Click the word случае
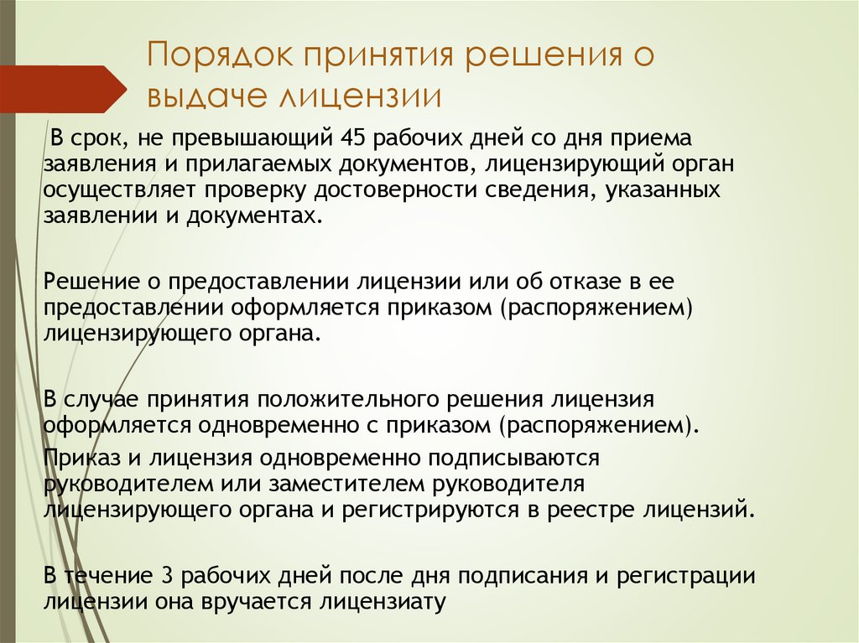[102, 398]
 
